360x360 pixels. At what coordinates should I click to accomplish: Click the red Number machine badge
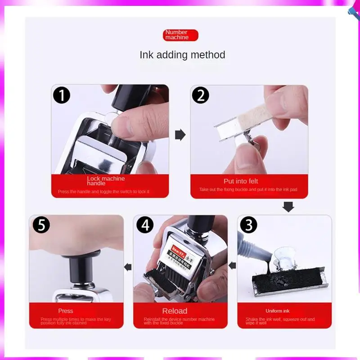pos(180,35)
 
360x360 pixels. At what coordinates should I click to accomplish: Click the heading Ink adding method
pos(182,55)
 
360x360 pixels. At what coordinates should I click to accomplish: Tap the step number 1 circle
pos(62,95)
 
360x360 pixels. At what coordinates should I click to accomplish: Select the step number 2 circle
pos(201,95)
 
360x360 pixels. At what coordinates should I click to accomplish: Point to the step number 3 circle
pos(248,225)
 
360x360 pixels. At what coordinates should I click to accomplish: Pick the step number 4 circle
pos(145,225)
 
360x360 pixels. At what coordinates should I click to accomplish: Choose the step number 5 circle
pos(41,225)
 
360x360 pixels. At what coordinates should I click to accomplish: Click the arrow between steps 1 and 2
pos(180,135)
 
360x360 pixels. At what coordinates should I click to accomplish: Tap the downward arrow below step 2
pos(288,207)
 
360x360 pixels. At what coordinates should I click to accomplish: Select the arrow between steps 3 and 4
pos(232,265)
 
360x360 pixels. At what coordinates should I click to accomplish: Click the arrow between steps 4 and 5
pos(128,267)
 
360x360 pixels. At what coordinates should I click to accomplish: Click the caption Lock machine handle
pos(106,181)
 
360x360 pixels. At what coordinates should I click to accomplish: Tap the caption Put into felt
pos(241,181)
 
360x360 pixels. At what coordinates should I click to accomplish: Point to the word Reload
pos(175,311)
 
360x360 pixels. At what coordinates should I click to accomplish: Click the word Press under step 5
pos(66,311)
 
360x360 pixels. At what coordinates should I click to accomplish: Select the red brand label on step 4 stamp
pos(178,250)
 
